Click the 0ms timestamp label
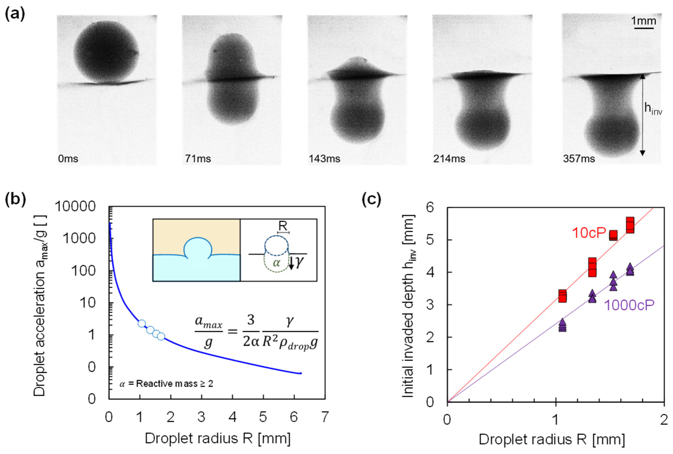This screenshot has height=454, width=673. coord(68,159)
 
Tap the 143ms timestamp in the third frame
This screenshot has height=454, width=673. coord(324,159)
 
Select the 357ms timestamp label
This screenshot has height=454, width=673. coord(579,159)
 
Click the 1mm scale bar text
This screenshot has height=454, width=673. coord(643,21)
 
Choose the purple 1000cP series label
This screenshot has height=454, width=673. coord(629,305)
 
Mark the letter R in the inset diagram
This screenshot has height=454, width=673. coord(283,226)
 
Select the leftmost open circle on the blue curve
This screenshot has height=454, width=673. coord(141,323)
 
